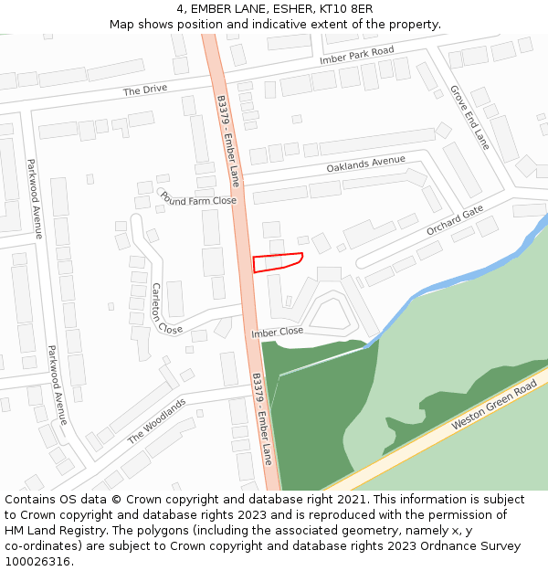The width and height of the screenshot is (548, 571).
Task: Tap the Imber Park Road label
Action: tap(356, 55)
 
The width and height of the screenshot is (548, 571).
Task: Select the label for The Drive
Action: tap(145, 90)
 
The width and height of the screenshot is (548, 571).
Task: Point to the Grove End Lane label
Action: tap(469, 117)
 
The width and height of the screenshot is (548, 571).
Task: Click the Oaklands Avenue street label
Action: tap(365, 164)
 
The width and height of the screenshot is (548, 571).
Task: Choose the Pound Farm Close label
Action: tap(198, 199)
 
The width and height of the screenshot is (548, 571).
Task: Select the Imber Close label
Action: tap(277, 333)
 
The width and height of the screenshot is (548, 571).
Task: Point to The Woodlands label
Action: tap(156, 420)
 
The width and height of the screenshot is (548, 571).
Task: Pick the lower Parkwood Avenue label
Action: tap(57, 385)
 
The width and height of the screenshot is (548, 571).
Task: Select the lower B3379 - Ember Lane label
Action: tap(262, 418)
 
